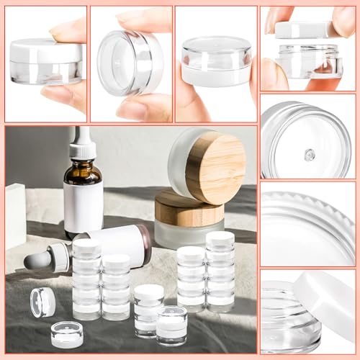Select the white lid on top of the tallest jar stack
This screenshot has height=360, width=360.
coord(220,238)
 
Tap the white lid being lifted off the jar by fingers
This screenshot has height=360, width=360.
coord(302,30)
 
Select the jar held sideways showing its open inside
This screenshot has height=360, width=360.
coord(130,63)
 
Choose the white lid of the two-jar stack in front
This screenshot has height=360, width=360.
coord(149,292)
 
